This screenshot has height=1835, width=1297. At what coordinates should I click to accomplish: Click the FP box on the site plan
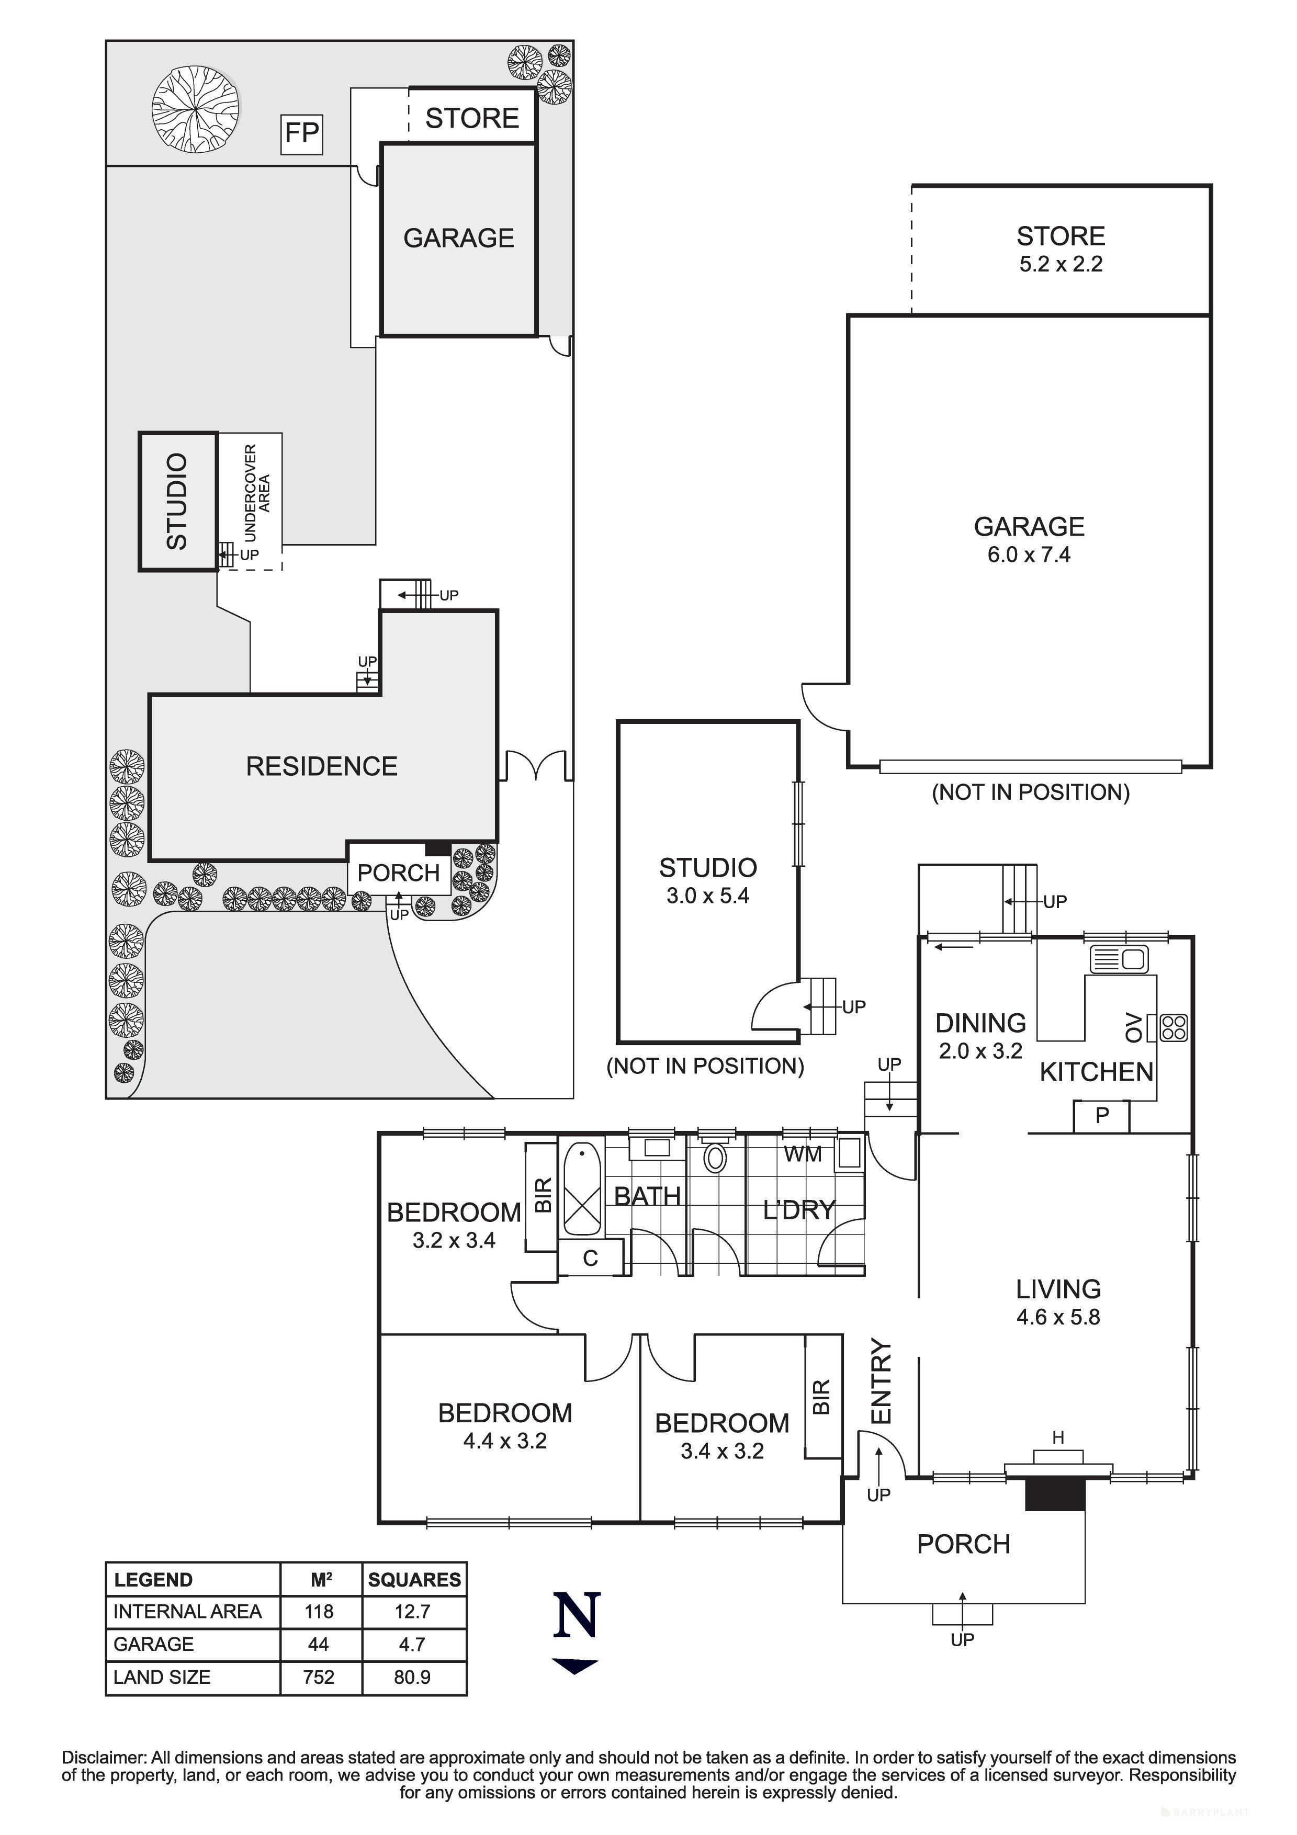302,133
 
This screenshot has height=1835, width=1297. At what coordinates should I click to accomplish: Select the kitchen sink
1119,958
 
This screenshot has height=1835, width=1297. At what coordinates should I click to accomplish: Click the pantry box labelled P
1101,1116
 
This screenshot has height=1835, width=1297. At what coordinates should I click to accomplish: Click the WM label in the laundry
803,1154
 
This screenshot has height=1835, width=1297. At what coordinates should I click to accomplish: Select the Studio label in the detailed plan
707,868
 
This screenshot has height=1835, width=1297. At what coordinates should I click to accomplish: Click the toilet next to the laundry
715,1158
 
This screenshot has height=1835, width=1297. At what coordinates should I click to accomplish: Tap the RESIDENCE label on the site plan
321,766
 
